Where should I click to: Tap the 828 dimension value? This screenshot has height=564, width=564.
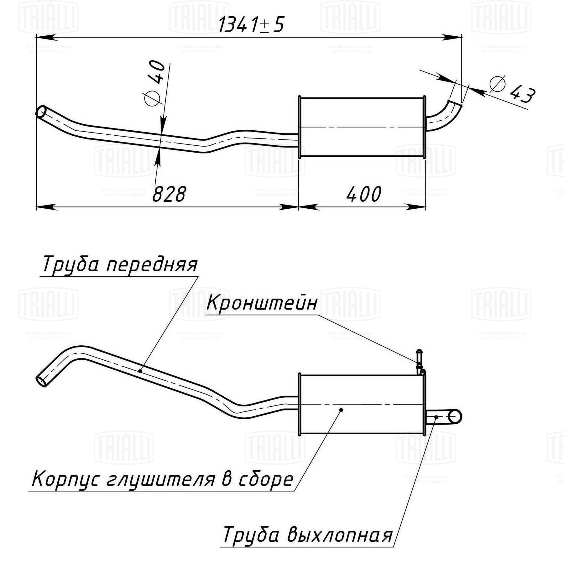[169, 194]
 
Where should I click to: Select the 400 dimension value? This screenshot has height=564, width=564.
[364, 194]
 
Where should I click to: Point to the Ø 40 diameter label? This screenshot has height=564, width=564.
[155, 83]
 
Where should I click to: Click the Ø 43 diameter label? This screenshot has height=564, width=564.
[512, 89]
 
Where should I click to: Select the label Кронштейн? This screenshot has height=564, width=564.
[262, 303]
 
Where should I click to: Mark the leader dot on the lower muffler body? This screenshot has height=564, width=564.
[341, 410]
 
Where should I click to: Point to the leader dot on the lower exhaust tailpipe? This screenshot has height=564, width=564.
[436, 417]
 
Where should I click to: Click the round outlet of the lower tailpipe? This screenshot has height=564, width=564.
[455, 417]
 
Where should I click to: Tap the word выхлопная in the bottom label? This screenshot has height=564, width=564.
[340, 535]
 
